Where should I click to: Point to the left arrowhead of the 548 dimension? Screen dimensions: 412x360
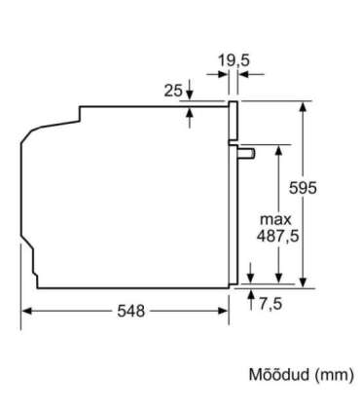[26, 311]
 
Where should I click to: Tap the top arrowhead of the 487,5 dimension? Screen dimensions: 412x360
[279, 148]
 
